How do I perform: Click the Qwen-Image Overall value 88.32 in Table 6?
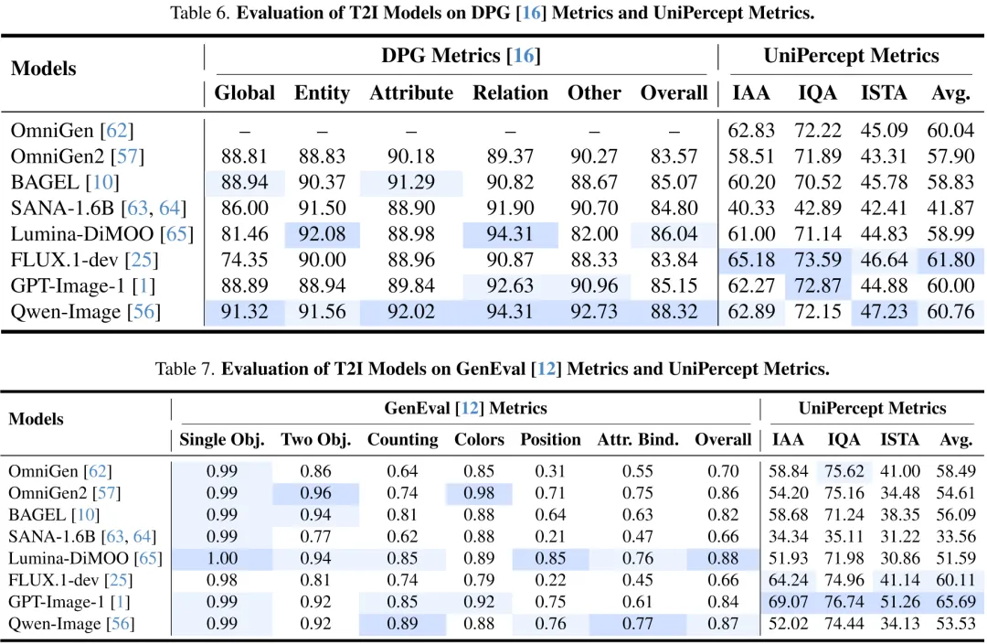(x=674, y=312)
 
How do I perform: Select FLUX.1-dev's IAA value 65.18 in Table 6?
(x=751, y=260)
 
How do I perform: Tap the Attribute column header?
(x=411, y=92)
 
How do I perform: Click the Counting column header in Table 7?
(x=403, y=439)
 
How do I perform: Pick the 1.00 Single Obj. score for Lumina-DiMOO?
(x=222, y=558)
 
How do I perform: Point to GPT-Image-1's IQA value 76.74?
(x=844, y=602)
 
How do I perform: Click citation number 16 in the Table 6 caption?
(x=531, y=13)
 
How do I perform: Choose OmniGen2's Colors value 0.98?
(x=479, y=493)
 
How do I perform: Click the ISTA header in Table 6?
(x=884, y=92)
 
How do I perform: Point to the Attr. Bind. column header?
(x=638, y=439)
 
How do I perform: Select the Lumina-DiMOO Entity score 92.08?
(x=322, y=234)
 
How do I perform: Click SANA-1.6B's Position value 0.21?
(x=550, y=536)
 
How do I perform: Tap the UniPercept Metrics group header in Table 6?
(x=851, y=56)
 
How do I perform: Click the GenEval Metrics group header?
(x=465, y=408)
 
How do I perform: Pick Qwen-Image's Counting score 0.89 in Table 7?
(x=402, y=623)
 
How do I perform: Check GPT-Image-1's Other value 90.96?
(x=594, y=286)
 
